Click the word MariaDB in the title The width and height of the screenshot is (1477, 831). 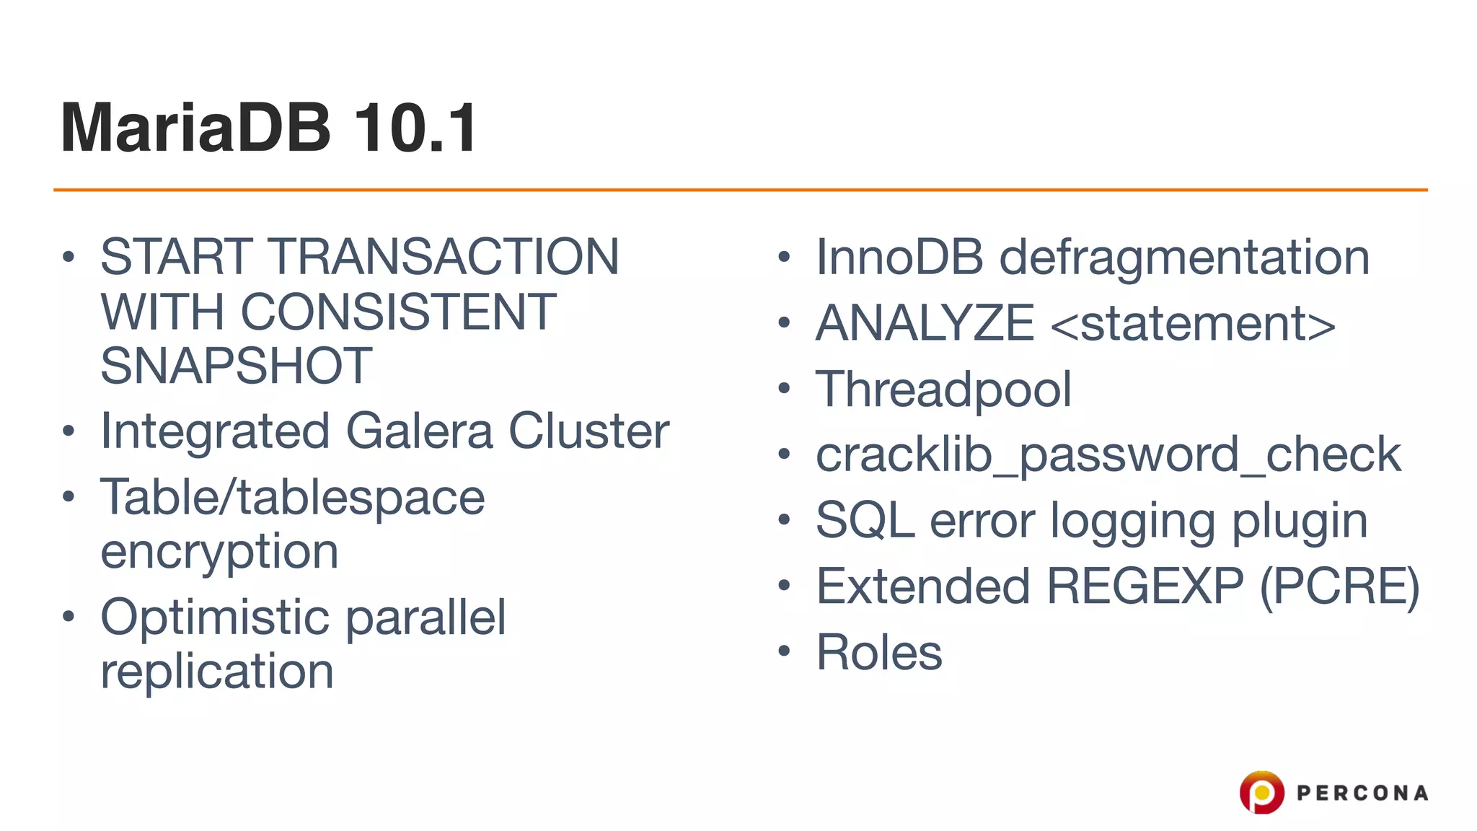[195, 128]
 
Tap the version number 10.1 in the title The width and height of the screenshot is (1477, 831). [415, 128]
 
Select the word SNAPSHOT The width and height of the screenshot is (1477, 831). [236, 366]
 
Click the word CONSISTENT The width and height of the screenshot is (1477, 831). [397, 312]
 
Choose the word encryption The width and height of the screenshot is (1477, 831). [219, 553]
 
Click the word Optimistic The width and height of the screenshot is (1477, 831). [215, 617]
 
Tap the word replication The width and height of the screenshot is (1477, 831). [216, 672]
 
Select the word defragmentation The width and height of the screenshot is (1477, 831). [1183, 258]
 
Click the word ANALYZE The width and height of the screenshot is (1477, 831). [925, 323]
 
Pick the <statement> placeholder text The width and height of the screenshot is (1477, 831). [1193, 324]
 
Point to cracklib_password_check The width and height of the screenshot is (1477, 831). [1108, 455]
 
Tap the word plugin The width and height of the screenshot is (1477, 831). [1299, 522]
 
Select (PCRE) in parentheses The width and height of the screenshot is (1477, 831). [1339, 586]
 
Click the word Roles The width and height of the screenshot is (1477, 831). [878, 652]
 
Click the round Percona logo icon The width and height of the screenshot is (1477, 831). [1261, 792]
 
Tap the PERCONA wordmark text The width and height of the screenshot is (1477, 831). [1362, 793]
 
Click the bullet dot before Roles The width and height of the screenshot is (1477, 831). [785, 651]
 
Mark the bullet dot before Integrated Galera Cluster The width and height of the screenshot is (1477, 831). [69, 431]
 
